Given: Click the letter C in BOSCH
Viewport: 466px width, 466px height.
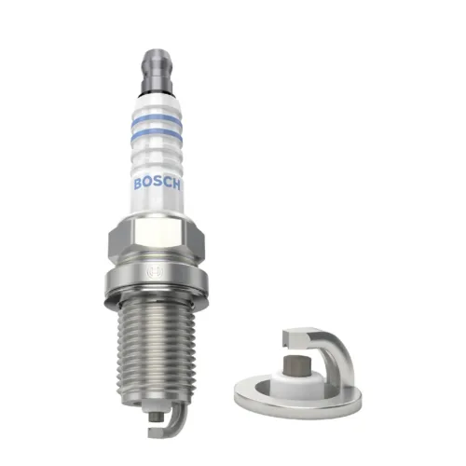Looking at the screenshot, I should point(171,183).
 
